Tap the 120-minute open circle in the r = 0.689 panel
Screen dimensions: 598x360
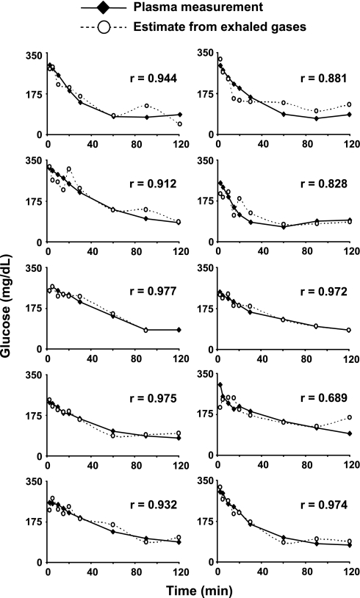pyautogui.click(x=350, y=417)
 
